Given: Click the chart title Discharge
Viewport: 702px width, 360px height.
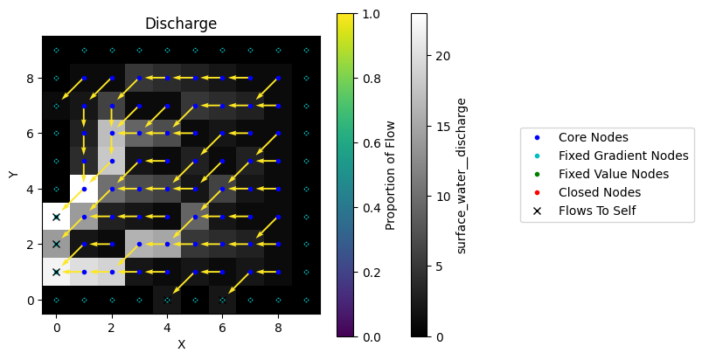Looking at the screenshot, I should pos(181,24).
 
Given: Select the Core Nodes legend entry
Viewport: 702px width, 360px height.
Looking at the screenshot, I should pos(593,137).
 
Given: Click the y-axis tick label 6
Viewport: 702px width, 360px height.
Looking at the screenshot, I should pos(31,134).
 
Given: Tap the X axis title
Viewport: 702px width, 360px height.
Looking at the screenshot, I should pos(181,344).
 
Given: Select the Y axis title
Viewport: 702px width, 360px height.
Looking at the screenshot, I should pos(13,175).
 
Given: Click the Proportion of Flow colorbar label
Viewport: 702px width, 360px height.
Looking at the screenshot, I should pos(391,175).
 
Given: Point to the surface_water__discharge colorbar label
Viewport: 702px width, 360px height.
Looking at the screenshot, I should pos(462,175).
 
